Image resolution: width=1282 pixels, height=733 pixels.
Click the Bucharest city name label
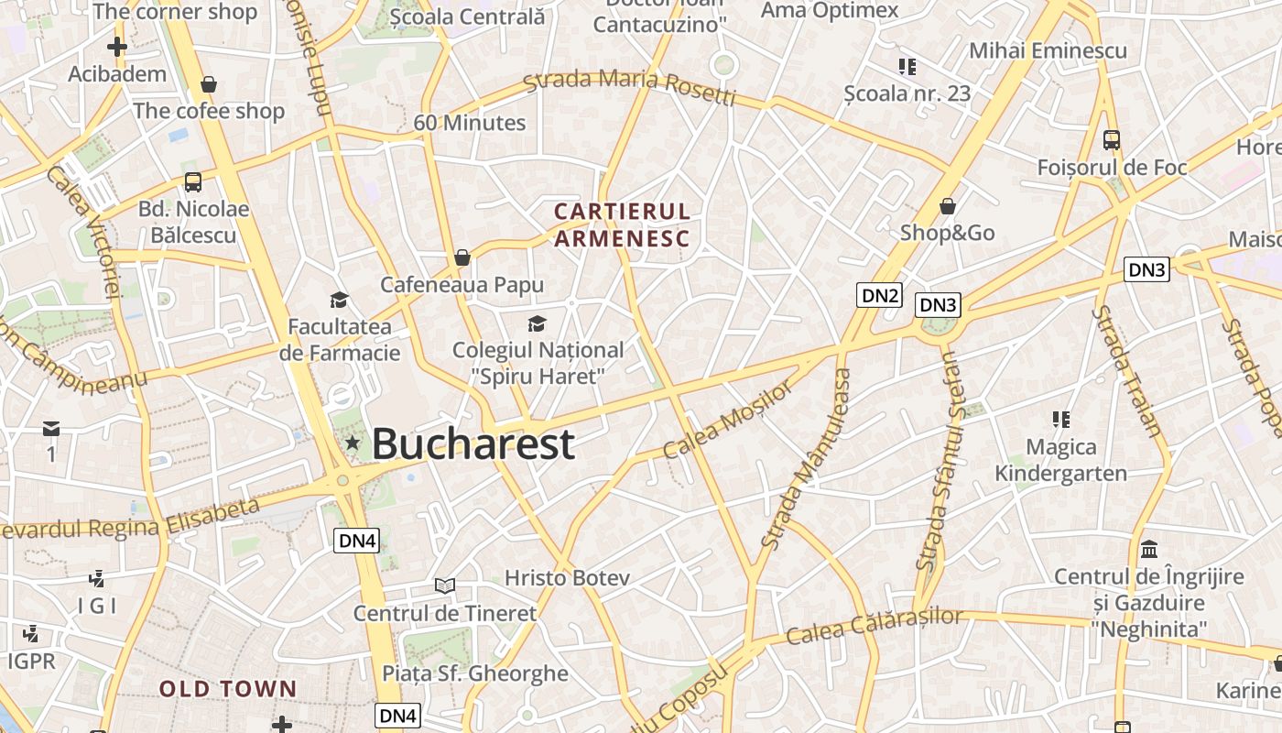[x=473, y=444]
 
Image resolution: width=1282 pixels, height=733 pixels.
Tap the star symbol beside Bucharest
[x=353, y=443]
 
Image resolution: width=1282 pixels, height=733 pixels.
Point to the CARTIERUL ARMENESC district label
[x=622, y=225]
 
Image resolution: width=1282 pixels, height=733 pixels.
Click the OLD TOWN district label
[x=228, y=689]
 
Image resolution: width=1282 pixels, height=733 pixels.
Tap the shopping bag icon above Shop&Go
[x=948, y=206]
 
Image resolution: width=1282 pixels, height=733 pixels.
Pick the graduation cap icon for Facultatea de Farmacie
[x=340, y=301]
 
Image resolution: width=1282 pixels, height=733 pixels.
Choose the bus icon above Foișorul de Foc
[x=1112, y=140]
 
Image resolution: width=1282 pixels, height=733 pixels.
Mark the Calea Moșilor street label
[x=728, y=421]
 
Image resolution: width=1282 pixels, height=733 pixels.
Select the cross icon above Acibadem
[x=117, y=46]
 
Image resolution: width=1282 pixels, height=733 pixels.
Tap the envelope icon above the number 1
[x=51, y=429]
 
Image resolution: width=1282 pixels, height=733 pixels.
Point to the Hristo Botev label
[x=568, y=578]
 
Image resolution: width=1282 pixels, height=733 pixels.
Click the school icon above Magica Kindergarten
[x=1061, y=420]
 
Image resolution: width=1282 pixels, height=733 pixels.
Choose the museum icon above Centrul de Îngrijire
[x=1149, y=550]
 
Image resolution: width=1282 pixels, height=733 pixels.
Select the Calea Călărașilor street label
[x=875, y=626]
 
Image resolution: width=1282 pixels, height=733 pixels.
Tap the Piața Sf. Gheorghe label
[x=475, y=673]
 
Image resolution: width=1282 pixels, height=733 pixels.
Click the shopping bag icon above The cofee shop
[x=209, y=84]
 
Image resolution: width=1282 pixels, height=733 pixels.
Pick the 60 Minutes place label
[x=470, y=123]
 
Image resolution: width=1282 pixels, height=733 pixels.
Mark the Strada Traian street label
[x=1126, y=371]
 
